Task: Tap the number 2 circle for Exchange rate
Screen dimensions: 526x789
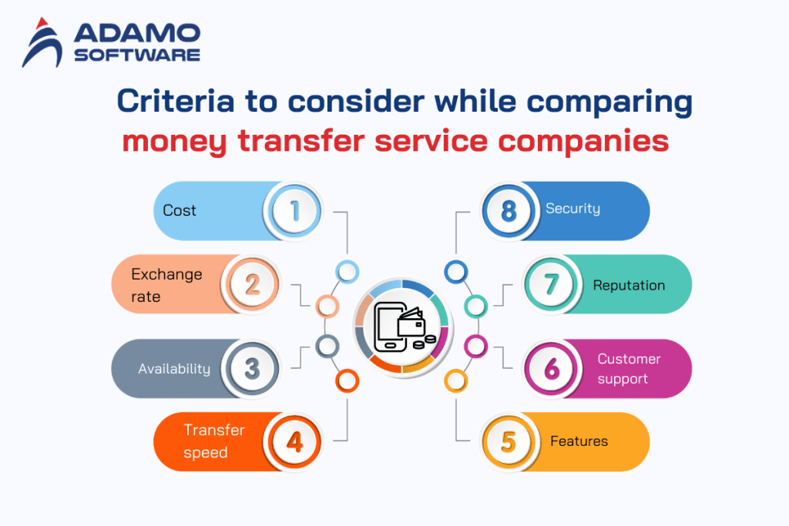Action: point(252,285)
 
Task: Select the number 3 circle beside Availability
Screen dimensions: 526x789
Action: point(252,368)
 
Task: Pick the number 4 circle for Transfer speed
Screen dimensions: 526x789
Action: point(294,442)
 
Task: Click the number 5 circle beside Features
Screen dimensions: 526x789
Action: point(509,442)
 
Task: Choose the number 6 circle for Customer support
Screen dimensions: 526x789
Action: point(552,368)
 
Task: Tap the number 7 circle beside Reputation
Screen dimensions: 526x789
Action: point(552,285)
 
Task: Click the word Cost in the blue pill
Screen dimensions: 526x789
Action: point(180,210)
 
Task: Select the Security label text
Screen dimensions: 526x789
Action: point(572,208)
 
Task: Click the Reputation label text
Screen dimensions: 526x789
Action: point(629,285)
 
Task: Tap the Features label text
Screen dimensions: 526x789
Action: point(579,441)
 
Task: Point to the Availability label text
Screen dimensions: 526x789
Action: point(174,369)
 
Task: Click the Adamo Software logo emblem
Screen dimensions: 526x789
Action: point(44,42)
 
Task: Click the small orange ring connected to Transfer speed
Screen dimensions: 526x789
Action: point(347,380)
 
